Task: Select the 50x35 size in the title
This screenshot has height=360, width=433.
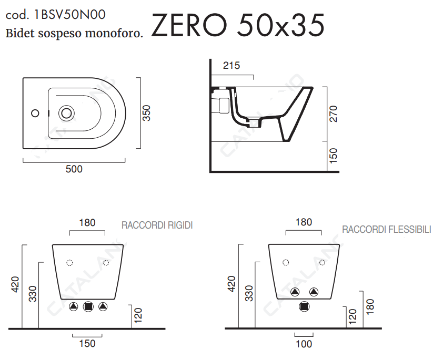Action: click(280, 25)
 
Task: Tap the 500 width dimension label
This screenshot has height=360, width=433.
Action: click(74, 169)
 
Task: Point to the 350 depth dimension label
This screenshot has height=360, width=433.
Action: click(146, 113)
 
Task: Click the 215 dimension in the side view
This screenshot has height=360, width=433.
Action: click(231, 65)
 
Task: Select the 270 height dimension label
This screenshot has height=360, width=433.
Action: click(334, 114)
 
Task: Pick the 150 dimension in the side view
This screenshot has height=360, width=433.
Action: click(334, 156)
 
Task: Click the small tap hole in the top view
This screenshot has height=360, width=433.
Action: click(35, 113)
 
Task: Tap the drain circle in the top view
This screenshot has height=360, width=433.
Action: click(66, 113)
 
